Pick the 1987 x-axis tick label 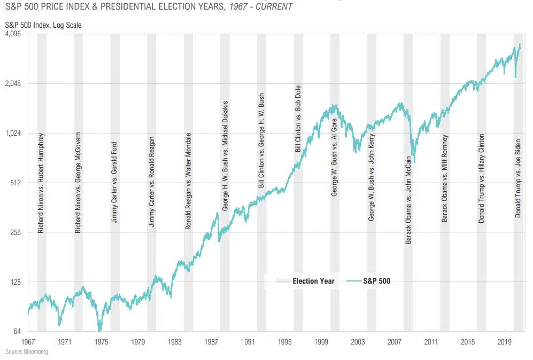212,341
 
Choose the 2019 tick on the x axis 505,341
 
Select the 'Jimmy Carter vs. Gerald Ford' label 114,182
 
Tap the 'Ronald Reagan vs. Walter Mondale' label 188,181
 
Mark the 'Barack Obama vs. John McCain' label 408,200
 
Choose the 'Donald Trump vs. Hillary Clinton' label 482,178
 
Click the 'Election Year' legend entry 313,281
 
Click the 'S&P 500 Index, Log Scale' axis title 44,25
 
